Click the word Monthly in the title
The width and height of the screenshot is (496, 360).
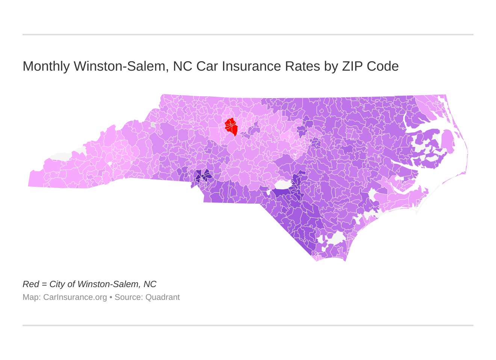pos(46,67)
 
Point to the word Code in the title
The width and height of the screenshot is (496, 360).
pos(383,67)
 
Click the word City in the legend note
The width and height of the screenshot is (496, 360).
pos(57,284)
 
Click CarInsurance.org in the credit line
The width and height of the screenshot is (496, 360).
pos(75,297)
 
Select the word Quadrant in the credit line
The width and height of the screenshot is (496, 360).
pos(162,297)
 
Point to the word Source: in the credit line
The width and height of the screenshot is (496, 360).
pos(129,297)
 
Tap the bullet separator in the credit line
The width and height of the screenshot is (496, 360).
pos(111,297)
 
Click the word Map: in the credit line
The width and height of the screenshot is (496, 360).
pos(32,297)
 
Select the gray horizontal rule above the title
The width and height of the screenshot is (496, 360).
pos(248,35)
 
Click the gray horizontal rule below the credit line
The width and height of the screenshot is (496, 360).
pos(248,325)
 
